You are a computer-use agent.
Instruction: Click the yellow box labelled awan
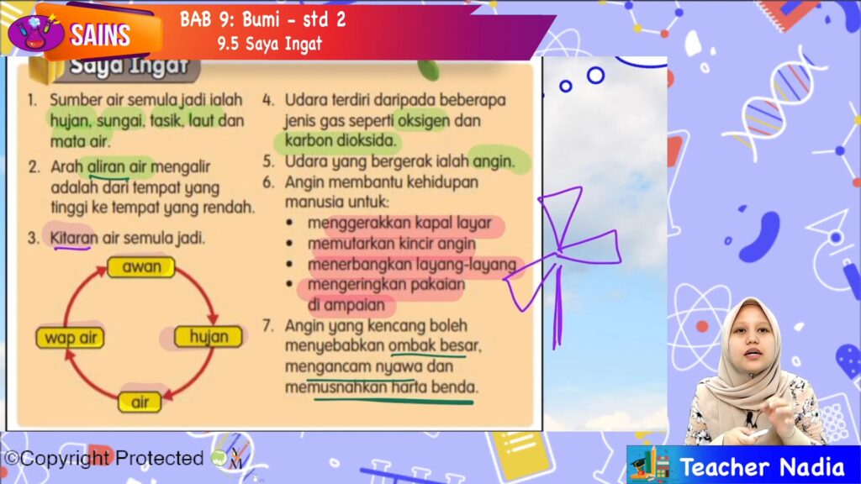(x=141, y=267)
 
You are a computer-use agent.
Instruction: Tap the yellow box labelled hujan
(x=209, y=336)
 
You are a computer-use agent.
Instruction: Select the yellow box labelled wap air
(x=71, y=338)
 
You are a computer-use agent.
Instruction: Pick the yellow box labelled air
(x=140, y=402)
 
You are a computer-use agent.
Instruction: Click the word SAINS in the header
(x=100, y=35)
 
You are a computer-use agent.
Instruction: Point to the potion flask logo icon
(x=35, y=33)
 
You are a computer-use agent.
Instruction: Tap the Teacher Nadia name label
(x=762, y=467)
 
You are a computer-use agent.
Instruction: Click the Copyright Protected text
(x=104, y=458)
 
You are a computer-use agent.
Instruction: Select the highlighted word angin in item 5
(x=494, y=161)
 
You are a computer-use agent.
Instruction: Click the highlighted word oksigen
(x=424, y=120)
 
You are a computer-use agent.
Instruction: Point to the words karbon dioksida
(x=340, y=140)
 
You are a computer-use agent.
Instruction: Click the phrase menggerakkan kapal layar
(x=399, y=223)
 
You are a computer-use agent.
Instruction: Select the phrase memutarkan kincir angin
(x=392, y=244)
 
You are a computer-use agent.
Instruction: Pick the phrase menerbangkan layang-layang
(x=412, y=265)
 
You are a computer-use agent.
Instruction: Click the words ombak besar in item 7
(x=435, y=345)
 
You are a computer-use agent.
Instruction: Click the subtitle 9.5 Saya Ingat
(x=270, y=44)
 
